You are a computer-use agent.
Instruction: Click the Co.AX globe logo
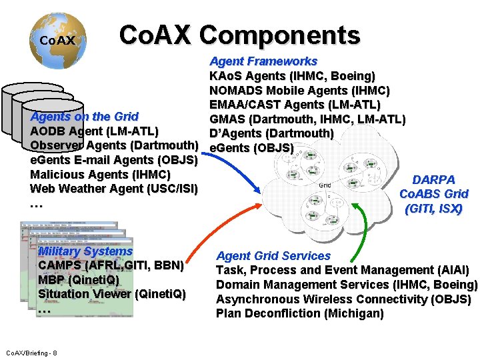58,40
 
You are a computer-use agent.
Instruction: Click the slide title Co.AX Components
239,35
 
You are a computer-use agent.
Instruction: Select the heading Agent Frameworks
263,61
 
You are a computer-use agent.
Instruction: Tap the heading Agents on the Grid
85,117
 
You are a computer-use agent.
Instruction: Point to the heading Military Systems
85,251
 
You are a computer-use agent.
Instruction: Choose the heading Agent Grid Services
273,255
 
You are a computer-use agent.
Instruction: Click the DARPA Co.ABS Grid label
433,194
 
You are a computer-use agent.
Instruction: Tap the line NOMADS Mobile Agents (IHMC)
299,91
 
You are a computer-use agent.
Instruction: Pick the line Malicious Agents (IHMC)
101,175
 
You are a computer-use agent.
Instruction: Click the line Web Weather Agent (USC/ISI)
114,189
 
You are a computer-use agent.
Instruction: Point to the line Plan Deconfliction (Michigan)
299,313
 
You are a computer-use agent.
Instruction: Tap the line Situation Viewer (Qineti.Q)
112,294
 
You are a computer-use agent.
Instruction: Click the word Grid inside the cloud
325,185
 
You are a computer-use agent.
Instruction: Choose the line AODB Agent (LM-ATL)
94,131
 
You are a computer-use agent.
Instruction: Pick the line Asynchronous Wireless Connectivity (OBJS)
343,299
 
